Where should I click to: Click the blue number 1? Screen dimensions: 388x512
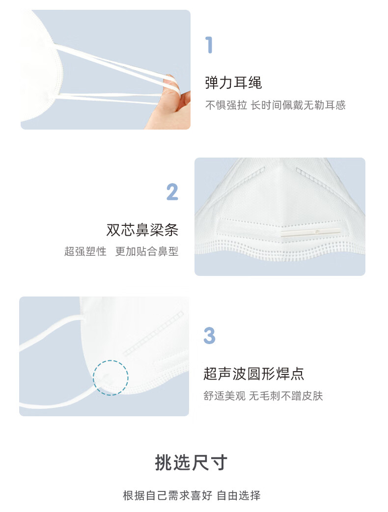[x=209, y=45]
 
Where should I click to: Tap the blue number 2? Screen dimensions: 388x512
[x=172, y=191]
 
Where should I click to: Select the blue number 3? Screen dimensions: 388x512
[x=209, y=336]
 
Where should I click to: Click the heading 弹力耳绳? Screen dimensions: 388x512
[x=233, y=82]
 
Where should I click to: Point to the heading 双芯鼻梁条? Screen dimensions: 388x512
[x=142, y=230]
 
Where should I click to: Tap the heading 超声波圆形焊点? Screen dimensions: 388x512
[x=254, y=374]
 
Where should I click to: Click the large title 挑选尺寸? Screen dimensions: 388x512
[x=191, y=462]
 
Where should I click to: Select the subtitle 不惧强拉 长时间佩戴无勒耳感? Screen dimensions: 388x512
[x=276, y=105]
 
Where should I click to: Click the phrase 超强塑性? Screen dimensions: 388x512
[x=85, y=251]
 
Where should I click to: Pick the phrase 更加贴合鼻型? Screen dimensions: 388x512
[x=147, y=251]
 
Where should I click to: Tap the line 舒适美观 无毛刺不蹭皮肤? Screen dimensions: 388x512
[x=263, y=396]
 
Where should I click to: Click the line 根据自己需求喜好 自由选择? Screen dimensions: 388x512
[x=192, y=495]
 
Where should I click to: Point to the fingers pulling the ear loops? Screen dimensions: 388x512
[x=170, y=101]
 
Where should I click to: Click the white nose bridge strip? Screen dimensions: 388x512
[x=310, y=233]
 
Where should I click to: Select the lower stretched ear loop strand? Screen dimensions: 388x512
[x=108, y=98]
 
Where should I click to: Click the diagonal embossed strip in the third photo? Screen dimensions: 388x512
[x=154, y=333]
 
